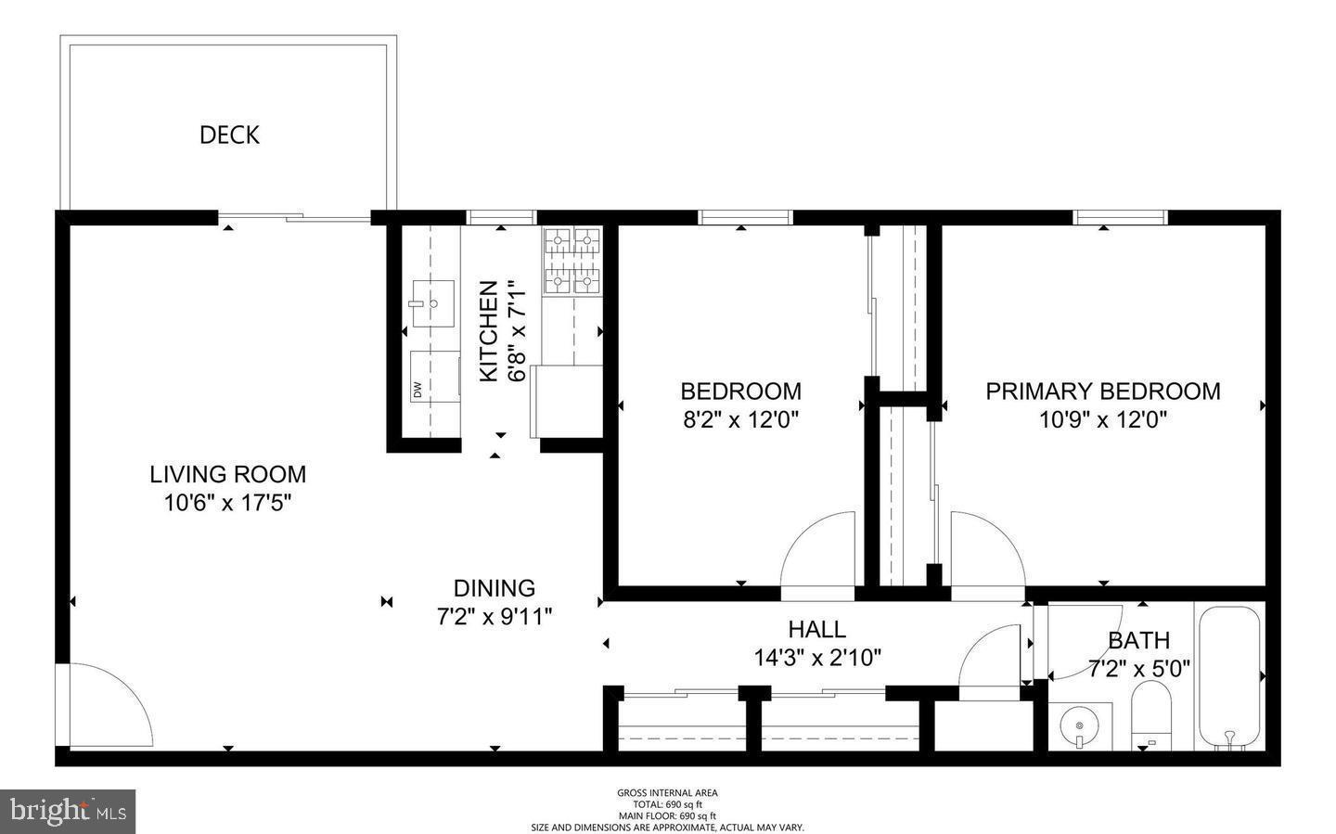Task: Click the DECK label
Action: [x=229, y=135]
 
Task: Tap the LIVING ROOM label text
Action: [x=227, y=474]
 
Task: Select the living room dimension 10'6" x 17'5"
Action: [x=227, y=503]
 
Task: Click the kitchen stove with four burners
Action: [x=572, y=261]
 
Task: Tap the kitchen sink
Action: [x=430, y=302]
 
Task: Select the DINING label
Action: [x=494, y=588]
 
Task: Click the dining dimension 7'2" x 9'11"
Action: [x=494, y=616]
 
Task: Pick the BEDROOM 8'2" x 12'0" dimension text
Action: [x=740, y=419]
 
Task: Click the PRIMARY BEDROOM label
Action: [x=1102, y=391]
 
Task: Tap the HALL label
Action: [x=816, y=629]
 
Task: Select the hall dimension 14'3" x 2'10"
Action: [x=816, y=658]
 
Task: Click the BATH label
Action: [x=1138, y=640]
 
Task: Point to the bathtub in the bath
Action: [x=1229, y=676]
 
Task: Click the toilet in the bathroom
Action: [x=1151, y=716]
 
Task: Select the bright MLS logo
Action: [x=68, y=812]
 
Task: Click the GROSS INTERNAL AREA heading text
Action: [x=667, y=793]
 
